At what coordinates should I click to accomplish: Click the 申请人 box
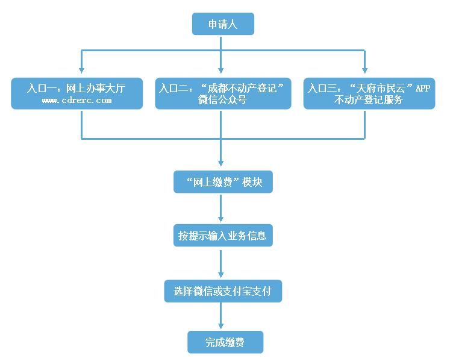(223, 25)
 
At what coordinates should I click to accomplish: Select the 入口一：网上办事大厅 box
(77, 93)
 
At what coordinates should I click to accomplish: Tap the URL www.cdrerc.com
(77, 100)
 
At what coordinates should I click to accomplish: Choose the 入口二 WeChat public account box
(222, 93)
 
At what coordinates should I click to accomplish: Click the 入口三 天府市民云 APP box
(369, 93)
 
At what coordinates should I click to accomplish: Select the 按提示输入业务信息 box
(222, 236)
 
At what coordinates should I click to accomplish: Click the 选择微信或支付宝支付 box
(222, 291)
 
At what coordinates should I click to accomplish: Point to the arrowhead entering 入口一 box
(81, 73)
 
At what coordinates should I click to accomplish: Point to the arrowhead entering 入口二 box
(221, 73)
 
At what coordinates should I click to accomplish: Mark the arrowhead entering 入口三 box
(365, 73)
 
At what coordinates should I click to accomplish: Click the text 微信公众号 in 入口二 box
(222, 101)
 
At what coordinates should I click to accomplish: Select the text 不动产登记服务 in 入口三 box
(369, 101)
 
